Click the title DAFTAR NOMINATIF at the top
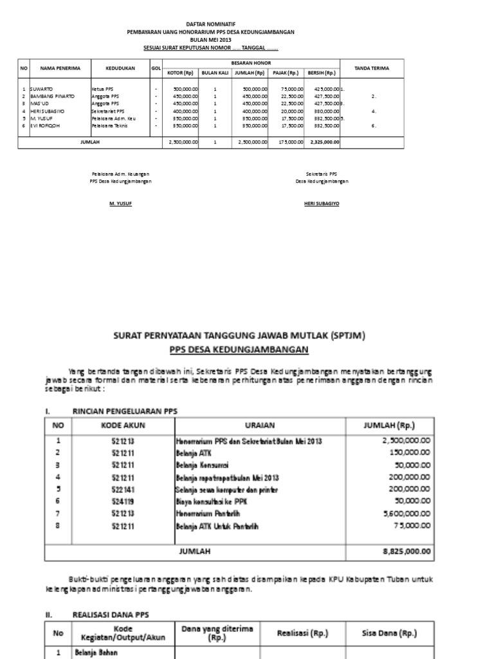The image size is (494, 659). (x=212, y=24)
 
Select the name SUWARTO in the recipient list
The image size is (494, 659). (x=35, y=88)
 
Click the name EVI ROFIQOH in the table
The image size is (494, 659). (x=40, y=125)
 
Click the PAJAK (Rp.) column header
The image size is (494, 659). (x=288, y=73)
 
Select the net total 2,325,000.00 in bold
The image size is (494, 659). (x=325, y=142)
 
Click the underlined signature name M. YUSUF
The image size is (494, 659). (x=120, y=203)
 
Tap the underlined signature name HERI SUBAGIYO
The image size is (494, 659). (x=322, y=203)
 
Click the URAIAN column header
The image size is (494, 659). (x=260, y=425)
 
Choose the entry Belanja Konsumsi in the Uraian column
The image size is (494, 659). (x=201, y=465)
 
